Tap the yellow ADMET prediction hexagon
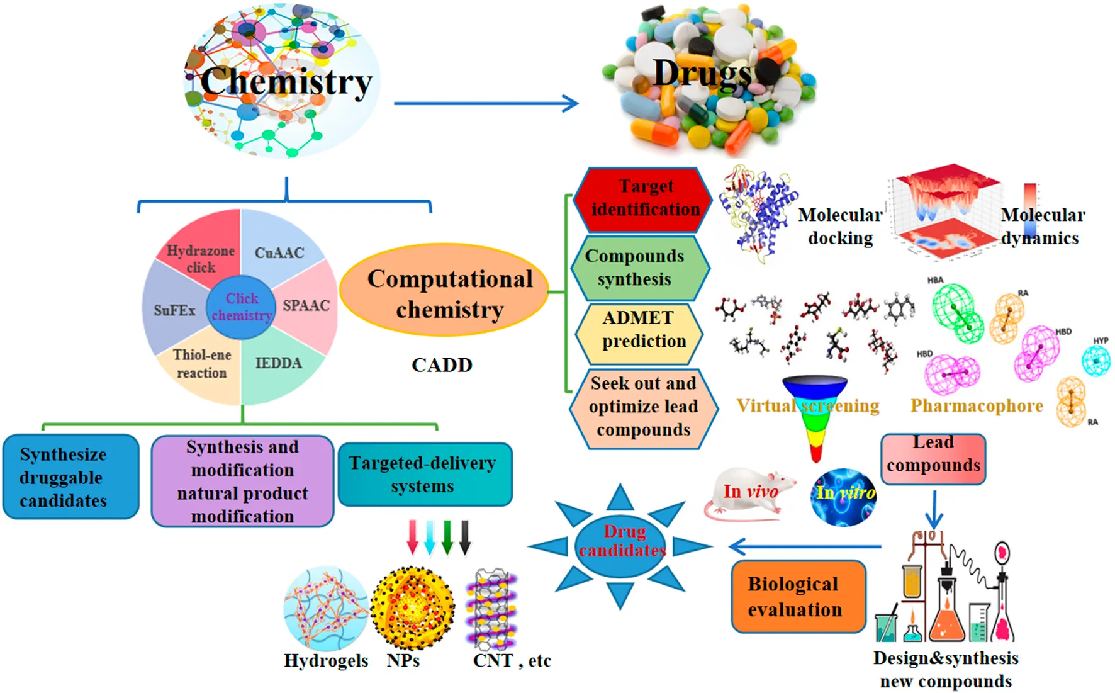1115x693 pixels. tap(639, 330)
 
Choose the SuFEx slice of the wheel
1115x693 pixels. tap(173, 310)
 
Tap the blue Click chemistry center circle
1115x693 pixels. tap(241, 307)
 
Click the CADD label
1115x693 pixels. tap(442, 365)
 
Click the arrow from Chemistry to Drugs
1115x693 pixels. tap(485, 103)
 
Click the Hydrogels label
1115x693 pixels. tap(325, 660)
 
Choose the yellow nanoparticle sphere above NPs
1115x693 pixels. tap(412, 607)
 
